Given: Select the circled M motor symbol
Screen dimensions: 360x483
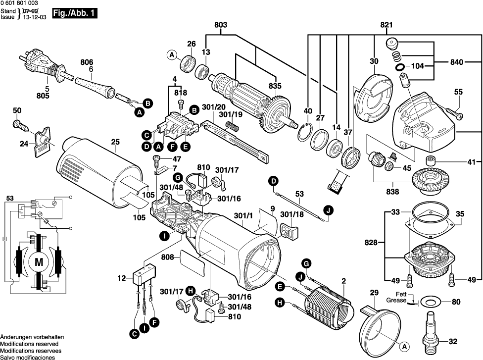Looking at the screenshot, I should pos(38,261).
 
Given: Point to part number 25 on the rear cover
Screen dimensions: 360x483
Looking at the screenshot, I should pos(115,142).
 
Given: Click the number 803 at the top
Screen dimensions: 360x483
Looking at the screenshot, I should pos(221,25).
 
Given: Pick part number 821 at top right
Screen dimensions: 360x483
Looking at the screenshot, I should pos(386,25).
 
